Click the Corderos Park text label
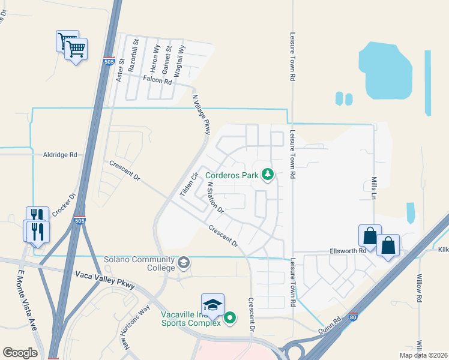tap(232, 176)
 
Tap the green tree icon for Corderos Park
tap(268, 175)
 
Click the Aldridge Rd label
tap(60, 154)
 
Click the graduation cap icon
tap(212, 304)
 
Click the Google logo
tap(20, 352)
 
